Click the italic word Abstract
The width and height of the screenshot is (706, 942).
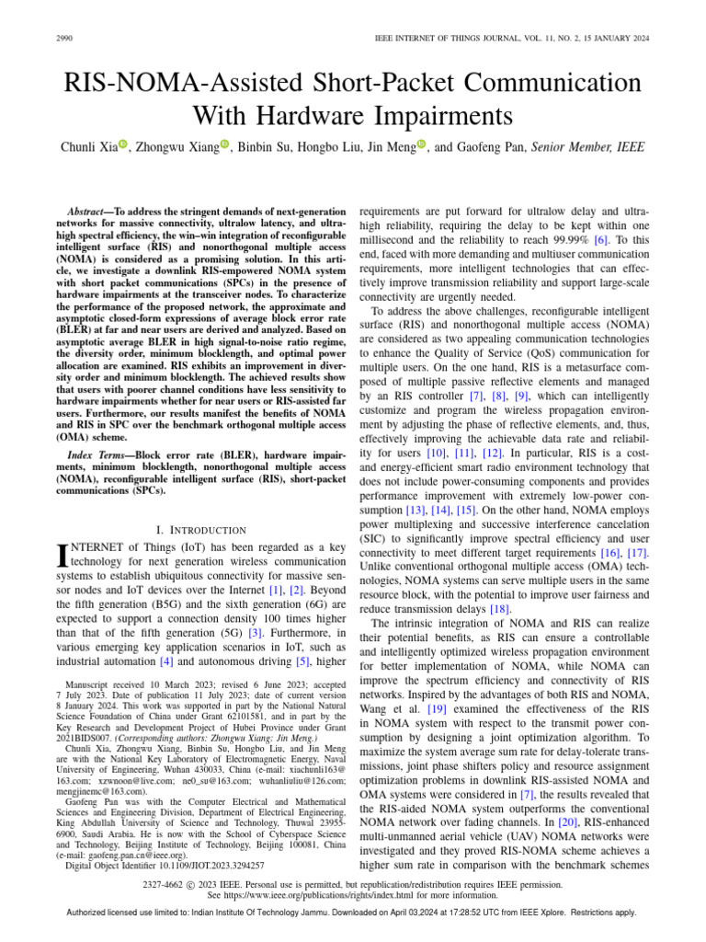click(95, 211)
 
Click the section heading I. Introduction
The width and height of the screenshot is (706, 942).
click(199, 530)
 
